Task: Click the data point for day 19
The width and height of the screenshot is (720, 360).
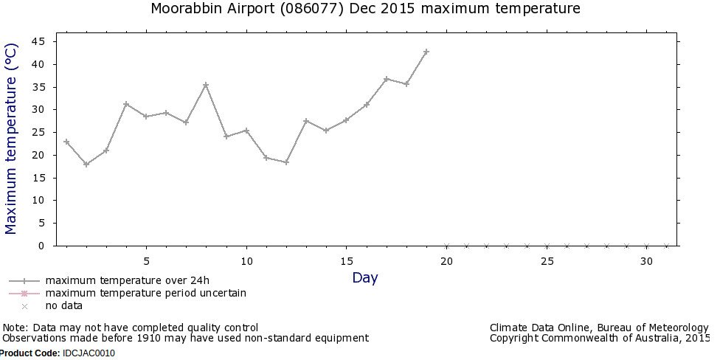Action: (x=426, y=52)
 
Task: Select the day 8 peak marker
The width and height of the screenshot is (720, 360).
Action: (x=206, y=85)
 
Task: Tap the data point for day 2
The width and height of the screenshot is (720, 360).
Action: (x=86, y=164)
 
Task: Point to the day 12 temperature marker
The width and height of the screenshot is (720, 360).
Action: (x=286, y=162)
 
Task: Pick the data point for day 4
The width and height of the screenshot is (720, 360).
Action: (x=126, y=104)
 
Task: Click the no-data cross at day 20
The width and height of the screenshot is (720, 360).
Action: (x=446, y=246)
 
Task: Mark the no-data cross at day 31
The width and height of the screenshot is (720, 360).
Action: (x=666, y=246)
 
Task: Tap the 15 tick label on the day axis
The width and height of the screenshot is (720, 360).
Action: (x=346, y=261)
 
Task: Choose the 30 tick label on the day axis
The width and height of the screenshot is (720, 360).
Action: (x=646, y=261)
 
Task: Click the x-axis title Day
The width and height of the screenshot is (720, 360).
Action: (x=364, y=278)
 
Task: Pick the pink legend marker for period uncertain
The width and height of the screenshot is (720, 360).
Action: (x=24, y=293)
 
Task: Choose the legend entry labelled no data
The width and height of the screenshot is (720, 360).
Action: (x=63, y=305)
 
